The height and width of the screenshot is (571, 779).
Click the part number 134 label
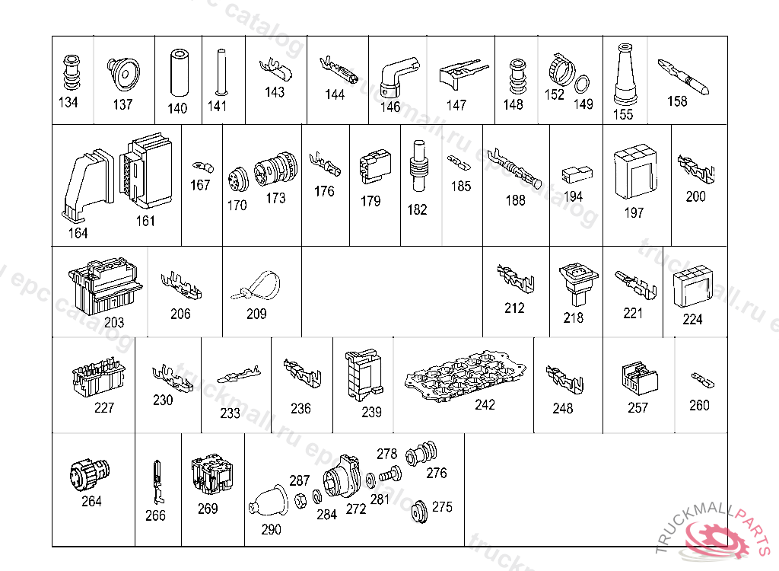[68, 102]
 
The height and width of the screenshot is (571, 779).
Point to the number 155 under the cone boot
[623, 114]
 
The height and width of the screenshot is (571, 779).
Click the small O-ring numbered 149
[583, 85]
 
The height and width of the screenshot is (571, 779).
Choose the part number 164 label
[78, 233]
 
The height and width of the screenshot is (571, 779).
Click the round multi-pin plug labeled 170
[236, 183]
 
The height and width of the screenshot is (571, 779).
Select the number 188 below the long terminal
[516, 200]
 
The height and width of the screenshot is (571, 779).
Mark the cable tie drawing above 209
[256, 286]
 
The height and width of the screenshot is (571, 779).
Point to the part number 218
[574, 317]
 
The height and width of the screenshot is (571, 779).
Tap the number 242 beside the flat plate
[485, 404]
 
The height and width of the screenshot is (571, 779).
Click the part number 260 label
[699, 405]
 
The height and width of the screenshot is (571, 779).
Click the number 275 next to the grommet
[442, 507]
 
